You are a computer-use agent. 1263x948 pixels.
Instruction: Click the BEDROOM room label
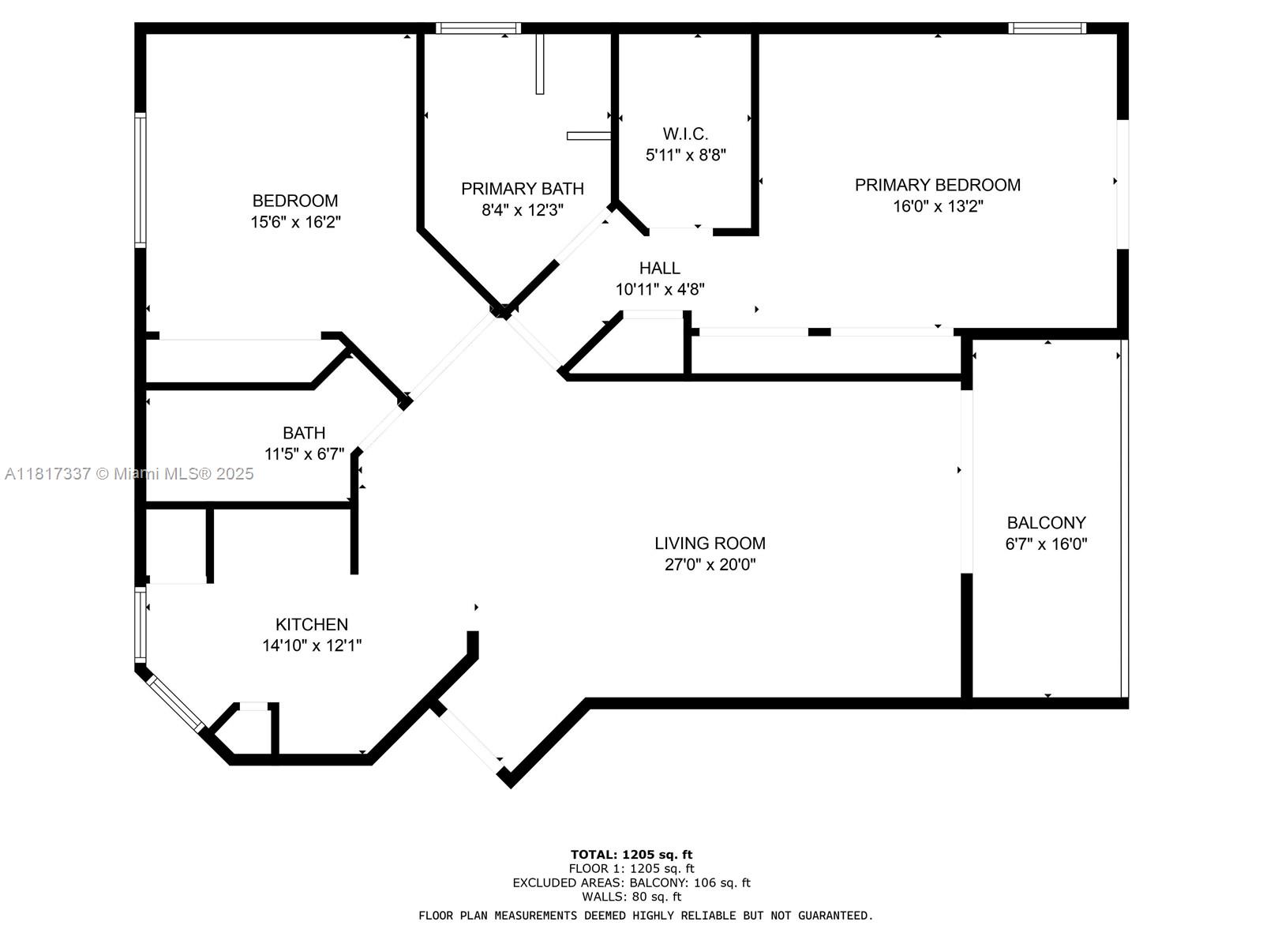[x=295, y=201]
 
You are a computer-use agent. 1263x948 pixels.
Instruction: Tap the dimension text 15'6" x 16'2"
[x=295, y=222]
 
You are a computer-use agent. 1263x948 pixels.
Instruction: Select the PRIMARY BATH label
[x=523, y=189]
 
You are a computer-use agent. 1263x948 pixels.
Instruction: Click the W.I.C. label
[x=685, y=134]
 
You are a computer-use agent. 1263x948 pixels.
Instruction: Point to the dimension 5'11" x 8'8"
[x=685, y=156]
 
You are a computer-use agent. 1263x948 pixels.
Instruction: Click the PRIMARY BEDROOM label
[x=938, y=185]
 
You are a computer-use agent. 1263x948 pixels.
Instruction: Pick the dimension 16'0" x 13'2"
[x=938, y=206]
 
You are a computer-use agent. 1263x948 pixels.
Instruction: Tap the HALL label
[x=660, y=268]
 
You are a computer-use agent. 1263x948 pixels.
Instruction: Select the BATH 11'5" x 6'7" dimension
[x=304, y=454]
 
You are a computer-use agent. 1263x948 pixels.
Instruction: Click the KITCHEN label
[x=312, y=624]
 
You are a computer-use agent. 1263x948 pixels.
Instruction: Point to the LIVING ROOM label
[x=710, y=544]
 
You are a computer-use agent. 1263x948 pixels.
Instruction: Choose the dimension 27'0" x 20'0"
[x=710, y=565]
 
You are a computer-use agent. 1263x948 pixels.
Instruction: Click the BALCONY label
[x=1046, y=523]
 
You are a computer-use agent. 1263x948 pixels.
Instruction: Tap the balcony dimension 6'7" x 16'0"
[x=1046, y=544]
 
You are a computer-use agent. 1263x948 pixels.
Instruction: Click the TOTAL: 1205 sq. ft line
[x=631, y=854]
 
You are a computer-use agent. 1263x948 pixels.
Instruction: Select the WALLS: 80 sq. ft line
[x=631, y=897]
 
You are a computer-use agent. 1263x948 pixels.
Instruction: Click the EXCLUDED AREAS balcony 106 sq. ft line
[x=631, y=882]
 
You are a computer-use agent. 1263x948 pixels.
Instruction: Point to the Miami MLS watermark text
[x=129, y=474]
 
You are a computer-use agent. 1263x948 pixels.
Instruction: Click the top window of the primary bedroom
[x=1047, y=28]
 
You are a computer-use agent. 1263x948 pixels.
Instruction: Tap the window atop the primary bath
[x=478, y=28]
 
